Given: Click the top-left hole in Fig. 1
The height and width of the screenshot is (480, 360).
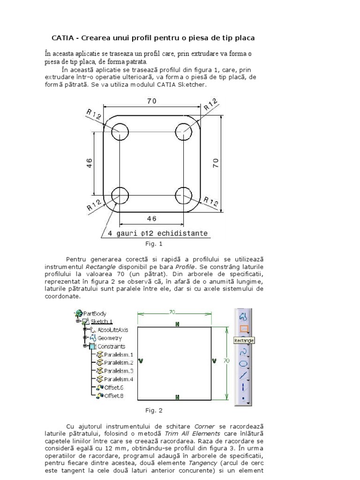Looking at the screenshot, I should pos(120,130).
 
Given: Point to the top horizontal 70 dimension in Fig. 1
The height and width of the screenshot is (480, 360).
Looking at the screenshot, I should pos(151,101).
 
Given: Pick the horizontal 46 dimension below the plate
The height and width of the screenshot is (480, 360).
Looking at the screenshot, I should pos(151,218).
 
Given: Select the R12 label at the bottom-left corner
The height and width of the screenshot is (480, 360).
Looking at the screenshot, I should pos(94,205).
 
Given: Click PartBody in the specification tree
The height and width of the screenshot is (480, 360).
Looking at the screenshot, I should pos(94,314).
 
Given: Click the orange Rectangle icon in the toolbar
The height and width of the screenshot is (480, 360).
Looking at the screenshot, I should pos(243,329).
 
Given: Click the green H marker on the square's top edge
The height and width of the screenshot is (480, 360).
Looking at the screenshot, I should pos(177,324).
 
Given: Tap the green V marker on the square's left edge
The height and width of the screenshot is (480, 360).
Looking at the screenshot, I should pos(141,361).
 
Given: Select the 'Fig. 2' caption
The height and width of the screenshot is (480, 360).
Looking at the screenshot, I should pos(154,411).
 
